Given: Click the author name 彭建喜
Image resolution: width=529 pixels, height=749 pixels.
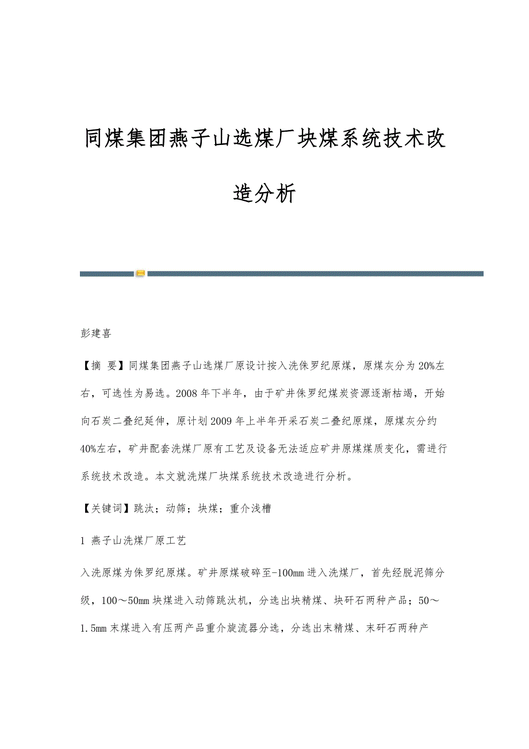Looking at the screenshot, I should click(x=95, y=334).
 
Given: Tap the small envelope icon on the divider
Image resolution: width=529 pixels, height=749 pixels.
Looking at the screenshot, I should click(x=141, y=273).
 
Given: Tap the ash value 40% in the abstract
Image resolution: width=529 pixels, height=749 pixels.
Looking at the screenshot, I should click(x=91, y=449).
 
